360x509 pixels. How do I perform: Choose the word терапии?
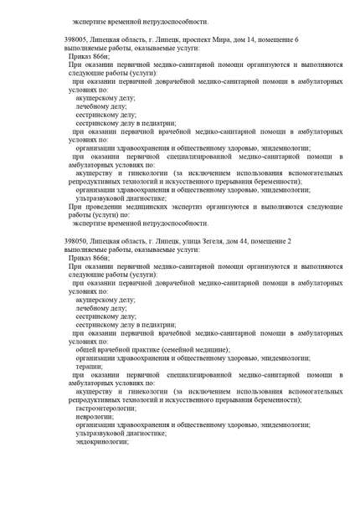(88, 366)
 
